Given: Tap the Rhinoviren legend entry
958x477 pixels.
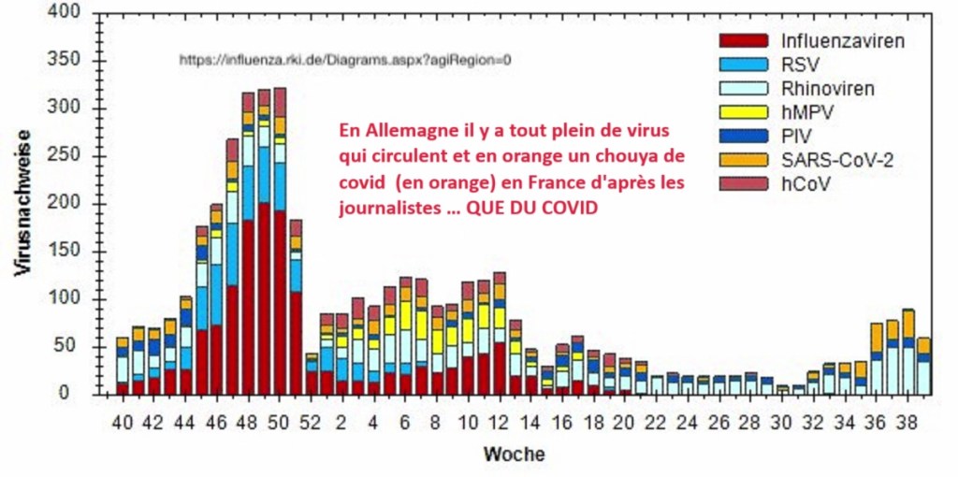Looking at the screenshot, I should [x=828, y=89].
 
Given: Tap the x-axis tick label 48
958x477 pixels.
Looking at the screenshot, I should [x=247, y=420].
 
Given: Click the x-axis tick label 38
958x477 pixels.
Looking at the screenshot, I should [x=907, y=420].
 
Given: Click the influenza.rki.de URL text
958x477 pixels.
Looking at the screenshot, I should [x=345, y=60].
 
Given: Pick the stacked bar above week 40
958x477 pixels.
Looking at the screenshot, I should [x=122, y=366].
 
